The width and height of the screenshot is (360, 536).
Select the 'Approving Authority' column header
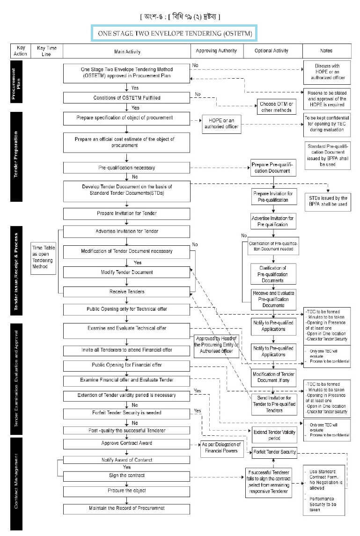click(x=216, y=51)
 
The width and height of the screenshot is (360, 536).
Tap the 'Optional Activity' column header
click(x=272, y=51)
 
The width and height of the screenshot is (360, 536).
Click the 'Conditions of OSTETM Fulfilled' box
click(x=126, y=98)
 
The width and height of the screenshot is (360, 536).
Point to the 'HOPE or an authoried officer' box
click(x=221, y=124)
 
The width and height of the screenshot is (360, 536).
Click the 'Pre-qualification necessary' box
click(x=126, y=167)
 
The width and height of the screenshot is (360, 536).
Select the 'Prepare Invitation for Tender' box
click(x=126, y=213)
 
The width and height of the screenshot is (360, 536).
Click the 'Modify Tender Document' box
click(x=126, y=272)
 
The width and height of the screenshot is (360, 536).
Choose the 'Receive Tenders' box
click(x=126, y=292)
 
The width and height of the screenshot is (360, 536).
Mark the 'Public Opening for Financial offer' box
click(x=126, y=365)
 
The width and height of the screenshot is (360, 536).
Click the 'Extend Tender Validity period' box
click(x=273, y=435)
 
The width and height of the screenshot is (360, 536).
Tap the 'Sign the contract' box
click(x=126, y=476)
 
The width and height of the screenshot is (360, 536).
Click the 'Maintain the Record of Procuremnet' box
click(x=126, y=508)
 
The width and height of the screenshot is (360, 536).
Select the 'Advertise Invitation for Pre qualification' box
click(x=273, y=221)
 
